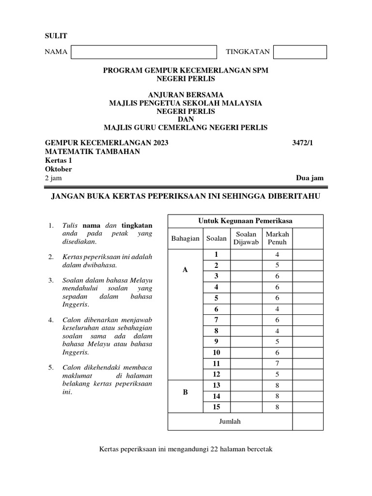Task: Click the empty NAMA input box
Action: click(x=143, y=52)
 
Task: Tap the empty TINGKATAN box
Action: click(x=300, y=52)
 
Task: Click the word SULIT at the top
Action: click(x=56, y=36)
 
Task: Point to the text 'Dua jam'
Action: click(x=310, y=178)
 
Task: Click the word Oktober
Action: click(x=58, y=169)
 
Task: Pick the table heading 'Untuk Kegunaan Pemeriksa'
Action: click(x=245, y=221)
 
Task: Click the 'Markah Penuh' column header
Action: click(x=277, y=238)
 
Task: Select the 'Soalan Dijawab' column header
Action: click(x=246, y=238)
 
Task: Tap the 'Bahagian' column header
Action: click(x=185, y=238)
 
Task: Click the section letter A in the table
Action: click(x=185, y=270)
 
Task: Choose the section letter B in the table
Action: click(x=185, y=392)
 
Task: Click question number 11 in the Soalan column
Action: click(x=216, y=363)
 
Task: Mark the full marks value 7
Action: click(x=277, y=363)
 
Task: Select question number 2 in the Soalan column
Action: click(x=216, y=265)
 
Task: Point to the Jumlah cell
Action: click(x=230, y=421)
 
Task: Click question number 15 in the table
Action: click(x=216, y=407)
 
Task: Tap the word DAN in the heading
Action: click(x=186, y=119)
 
